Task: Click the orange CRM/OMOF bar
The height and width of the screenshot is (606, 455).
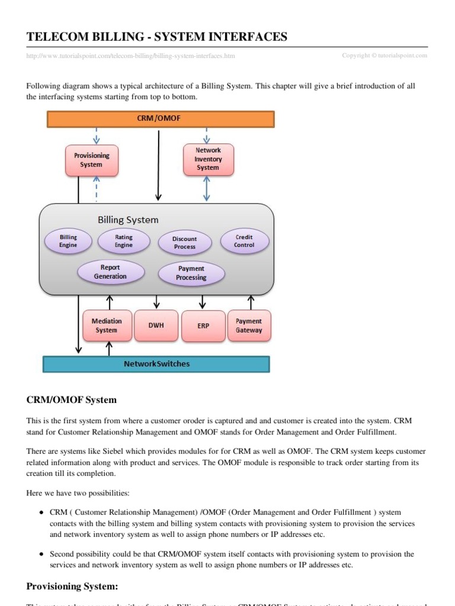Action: (161, 119)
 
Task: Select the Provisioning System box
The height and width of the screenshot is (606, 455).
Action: (91, 160)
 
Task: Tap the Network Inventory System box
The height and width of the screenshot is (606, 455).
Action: (208, 159)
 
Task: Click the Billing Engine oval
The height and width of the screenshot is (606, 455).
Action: (68, 241)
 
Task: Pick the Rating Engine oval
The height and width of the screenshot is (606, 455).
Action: (123, 241)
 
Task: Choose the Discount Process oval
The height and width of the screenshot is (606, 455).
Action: (184, 243)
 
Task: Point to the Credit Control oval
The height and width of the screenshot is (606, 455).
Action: (244, 241)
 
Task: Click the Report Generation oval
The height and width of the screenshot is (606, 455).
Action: (110, 272)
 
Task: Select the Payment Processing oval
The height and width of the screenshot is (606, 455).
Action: (191, 273)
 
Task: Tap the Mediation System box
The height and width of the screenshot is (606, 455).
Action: (107, 325)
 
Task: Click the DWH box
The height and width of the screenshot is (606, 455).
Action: (156, 325)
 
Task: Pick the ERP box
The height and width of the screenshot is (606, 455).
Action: (203, 326)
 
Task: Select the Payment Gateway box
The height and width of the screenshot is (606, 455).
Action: (249, 325)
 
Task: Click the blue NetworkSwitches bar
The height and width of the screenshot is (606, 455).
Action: (156, 364)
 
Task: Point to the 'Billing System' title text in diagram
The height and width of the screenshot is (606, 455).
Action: (128, 220)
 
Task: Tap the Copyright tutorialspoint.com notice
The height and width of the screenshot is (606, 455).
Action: (384, 56)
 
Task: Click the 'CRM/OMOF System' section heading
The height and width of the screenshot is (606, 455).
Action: (72, 399)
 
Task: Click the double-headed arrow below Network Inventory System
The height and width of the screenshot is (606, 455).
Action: (206, 189)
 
